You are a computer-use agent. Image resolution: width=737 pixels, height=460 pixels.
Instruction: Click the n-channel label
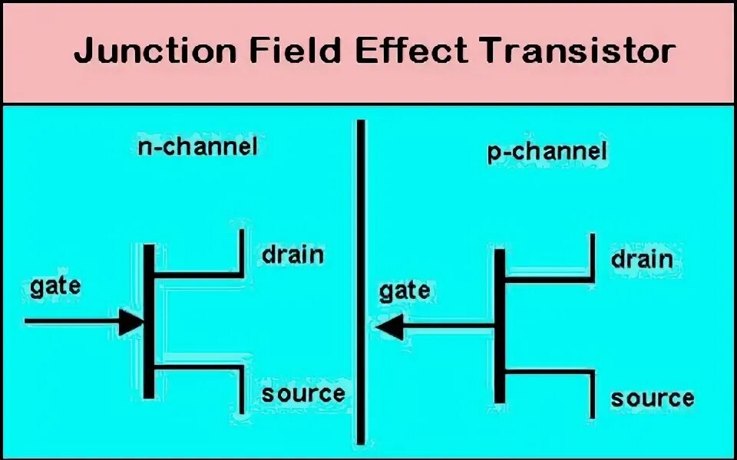(197, 146)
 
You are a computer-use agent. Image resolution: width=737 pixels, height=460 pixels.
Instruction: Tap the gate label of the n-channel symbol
(55, 286)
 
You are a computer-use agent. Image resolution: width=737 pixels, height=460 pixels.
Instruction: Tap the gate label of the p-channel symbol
(405, 291)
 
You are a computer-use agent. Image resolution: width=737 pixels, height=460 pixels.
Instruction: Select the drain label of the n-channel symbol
(292, 254)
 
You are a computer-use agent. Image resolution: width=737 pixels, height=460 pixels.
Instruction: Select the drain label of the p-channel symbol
(642, 258)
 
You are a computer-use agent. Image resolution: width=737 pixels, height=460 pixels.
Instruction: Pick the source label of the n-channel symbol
(302, 394)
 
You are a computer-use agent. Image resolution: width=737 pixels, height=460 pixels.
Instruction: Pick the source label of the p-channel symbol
(652, 399)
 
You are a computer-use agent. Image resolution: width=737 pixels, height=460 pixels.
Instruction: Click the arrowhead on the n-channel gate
(131, 322)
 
